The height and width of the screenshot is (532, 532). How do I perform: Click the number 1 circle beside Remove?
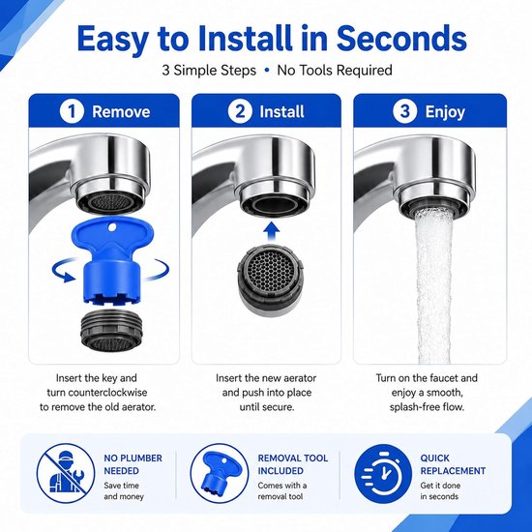click(x=72, y=111)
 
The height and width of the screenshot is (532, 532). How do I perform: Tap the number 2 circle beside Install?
click(x=240, y=111)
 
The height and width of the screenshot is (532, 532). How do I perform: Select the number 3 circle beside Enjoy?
click(x=404, y=111)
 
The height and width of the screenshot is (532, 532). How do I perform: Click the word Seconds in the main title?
click(x=401, y=38)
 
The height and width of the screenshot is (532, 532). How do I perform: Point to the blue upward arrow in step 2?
click(x=272, y=231)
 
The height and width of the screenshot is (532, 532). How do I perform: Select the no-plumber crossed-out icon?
click(x=66, y=473)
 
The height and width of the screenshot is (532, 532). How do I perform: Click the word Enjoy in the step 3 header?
click(x=445, y=112)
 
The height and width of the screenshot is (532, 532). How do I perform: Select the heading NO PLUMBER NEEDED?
click(x=133, y=464)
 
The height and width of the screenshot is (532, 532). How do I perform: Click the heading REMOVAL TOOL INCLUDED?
click(x=293, y=464)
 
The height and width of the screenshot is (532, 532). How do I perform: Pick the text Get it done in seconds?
click(x=440, y=491)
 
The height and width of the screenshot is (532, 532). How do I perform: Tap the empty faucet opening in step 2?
click(x=273, y=205)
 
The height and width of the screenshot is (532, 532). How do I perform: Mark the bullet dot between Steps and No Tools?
click(x=267, y=71)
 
